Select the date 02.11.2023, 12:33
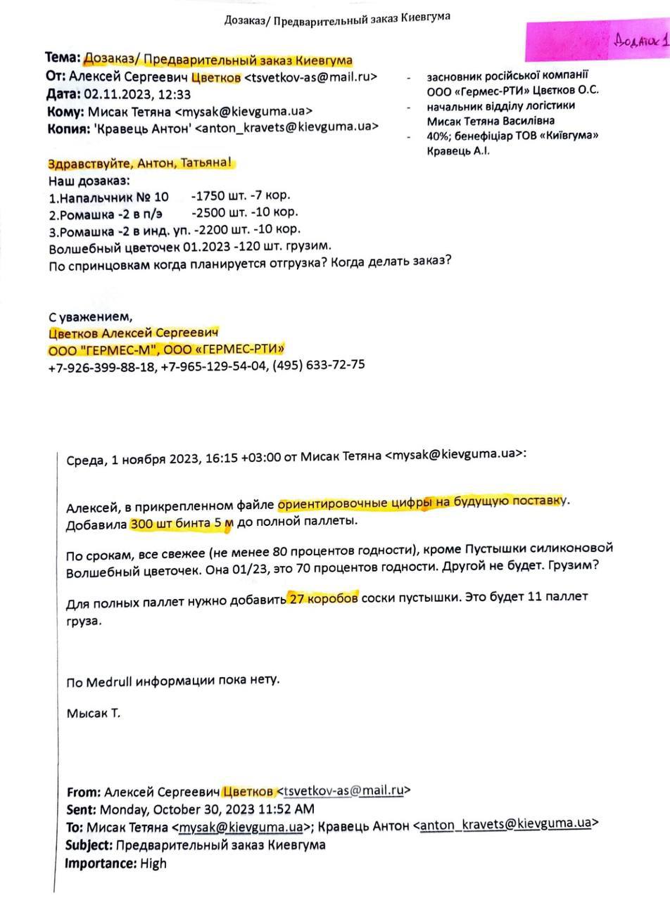tap(137, 94)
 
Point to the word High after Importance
tap(153, 863)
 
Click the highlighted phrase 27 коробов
tap(323, 598)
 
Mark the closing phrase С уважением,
tap(90, 316)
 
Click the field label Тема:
tap(63, 58)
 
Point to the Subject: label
tap(89, 844)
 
